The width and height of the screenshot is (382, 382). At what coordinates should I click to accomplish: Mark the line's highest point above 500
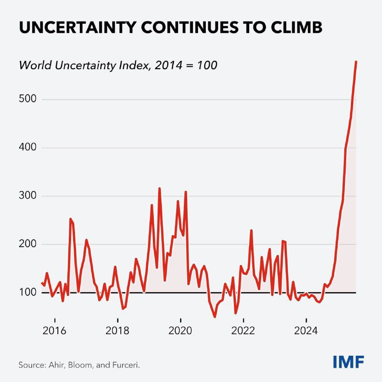pyautogui.click(x=356, y=62)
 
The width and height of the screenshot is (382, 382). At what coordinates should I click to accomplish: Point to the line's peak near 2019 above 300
pyautogui.click(x=159, y=188)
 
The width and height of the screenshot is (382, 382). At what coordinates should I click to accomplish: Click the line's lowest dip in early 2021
pyautogui.click(x=215, y=316)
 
